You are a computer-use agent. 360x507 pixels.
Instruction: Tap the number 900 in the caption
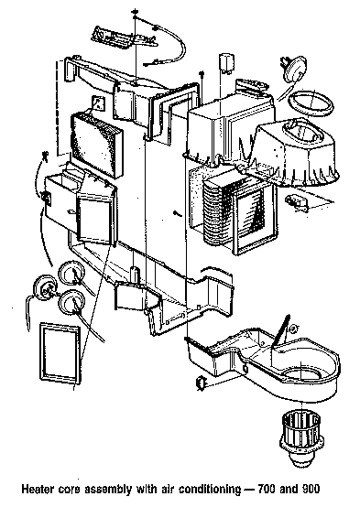coord(311,489)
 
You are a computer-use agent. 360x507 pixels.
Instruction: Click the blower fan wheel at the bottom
coord(301,437)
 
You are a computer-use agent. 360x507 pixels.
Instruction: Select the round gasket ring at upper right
coord(311,104)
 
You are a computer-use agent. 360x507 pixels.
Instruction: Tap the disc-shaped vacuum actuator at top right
coord(295,70)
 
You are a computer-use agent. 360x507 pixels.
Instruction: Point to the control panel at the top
coord(124,38)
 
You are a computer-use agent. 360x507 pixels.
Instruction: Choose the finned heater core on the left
coord(97,145)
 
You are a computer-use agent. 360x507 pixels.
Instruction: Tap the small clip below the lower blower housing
coord(201,383)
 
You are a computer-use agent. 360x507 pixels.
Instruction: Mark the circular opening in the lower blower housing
coord(301,376)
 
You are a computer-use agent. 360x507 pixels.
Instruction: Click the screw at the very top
coord(135,13)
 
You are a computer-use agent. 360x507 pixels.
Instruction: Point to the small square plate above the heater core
coord(99,103)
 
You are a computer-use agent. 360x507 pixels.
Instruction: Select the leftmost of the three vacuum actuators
coord(45,286)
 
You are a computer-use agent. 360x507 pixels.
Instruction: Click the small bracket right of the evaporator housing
coord(297,202)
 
